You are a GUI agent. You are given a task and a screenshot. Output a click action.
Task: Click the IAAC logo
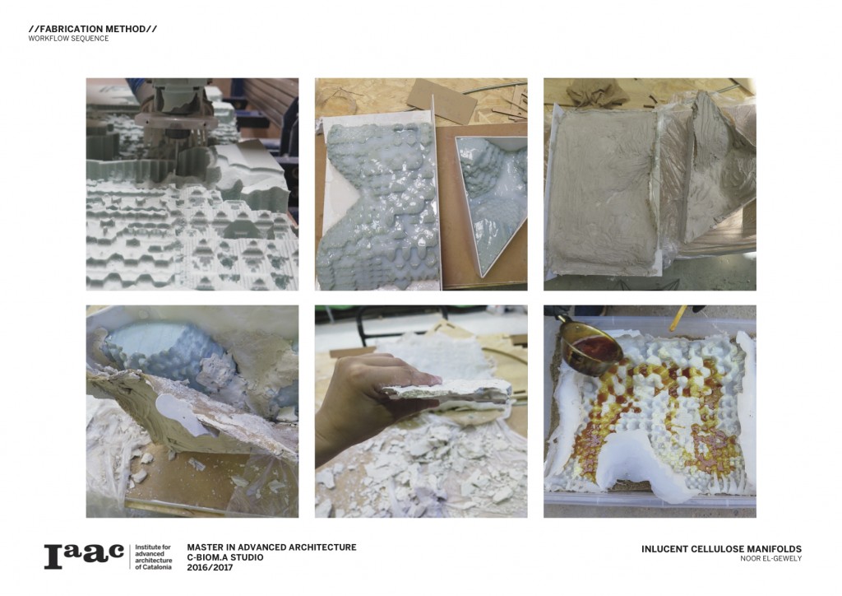tap(84, 556)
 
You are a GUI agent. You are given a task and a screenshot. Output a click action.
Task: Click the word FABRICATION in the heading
tap(67, 29)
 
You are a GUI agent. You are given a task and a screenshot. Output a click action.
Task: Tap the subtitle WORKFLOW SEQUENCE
tap(69, 39)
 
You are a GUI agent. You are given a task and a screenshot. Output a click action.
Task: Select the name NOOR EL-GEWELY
tap(770, 559)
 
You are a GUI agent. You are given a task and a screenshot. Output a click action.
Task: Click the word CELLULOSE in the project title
tap(708, 549)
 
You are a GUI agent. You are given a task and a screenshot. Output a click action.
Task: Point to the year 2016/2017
tap(210, 567)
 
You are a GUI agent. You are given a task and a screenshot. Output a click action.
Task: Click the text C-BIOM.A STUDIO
tap(225, 557)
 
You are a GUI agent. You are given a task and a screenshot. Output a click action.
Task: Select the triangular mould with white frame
tap(490, 202)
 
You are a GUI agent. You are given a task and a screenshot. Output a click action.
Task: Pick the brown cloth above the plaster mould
tap(597, 91)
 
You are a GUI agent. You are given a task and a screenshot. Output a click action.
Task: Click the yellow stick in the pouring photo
tap(678, 318)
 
